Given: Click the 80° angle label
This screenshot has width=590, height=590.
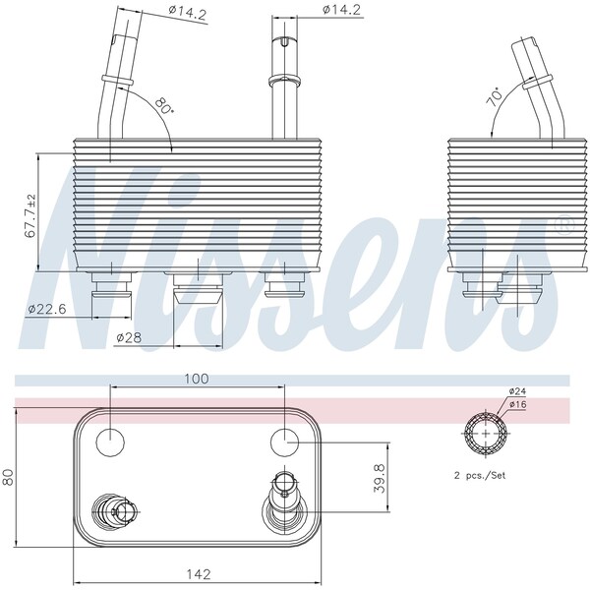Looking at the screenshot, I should pyautogui.click(x=163, y=105).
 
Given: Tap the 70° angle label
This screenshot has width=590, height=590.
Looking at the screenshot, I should pyautogui.click(x=495, y=95).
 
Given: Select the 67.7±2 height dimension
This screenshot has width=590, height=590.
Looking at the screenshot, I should pyautogui.click(x=30, y=216).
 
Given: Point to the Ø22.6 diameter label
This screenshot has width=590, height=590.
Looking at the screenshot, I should pyautogui.click(x=46, y=309).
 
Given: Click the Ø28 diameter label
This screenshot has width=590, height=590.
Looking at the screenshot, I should pyautogui.click(x=128, y=337).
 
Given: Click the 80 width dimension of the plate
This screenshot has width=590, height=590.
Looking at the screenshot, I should pyautogui.click(x=9, y=479).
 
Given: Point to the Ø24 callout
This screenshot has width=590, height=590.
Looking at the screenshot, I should pyautogui.click(x=517, y=391).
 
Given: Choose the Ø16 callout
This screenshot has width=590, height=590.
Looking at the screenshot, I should pyautogui.click(x=517, y=404).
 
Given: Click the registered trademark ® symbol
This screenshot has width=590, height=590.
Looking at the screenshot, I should pyautogui.click(x=564, y=225).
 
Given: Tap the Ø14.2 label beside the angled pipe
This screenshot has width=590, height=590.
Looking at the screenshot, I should pyautogui.click(x=191, y=12).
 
